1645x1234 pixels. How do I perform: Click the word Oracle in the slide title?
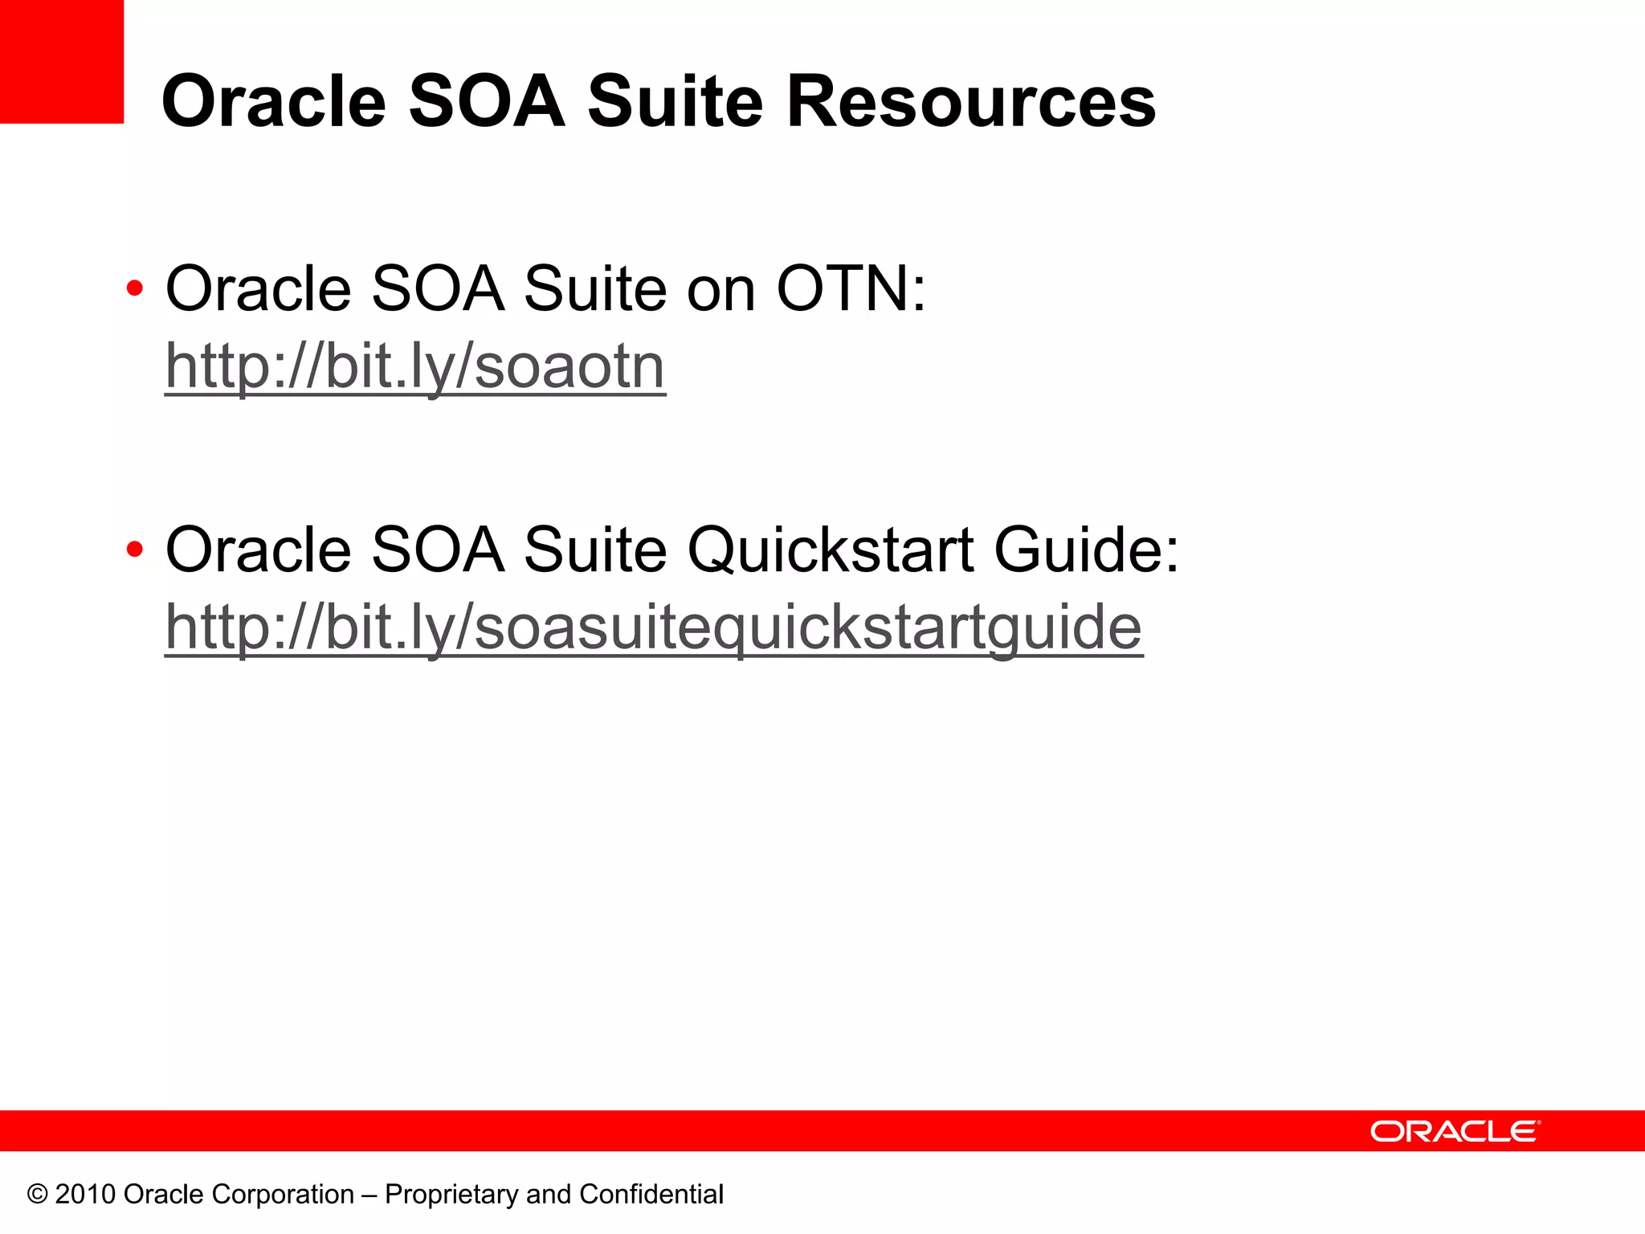tap(274, 102)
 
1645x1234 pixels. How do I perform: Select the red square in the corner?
tap(61, 61)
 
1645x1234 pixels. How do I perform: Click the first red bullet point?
tap(135, 288)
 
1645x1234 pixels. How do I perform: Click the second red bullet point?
tap(135, 550)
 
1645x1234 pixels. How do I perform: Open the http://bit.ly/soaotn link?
tap(415, 366)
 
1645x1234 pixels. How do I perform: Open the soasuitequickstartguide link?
tap(653, 627)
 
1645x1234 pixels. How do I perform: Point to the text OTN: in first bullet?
tap(851, 288)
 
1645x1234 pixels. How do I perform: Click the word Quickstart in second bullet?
tap(831, 552)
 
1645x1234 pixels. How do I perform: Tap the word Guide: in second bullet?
tap(1086, 552)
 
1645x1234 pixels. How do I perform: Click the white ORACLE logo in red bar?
tap(1455, 1131)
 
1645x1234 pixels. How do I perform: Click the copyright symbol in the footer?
tap(37, 1195)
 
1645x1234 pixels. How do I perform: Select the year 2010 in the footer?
tap(86, 1195)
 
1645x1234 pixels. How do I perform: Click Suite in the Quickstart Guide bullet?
tap(595, 550)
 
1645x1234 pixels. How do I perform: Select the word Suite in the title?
tap(675, 102)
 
